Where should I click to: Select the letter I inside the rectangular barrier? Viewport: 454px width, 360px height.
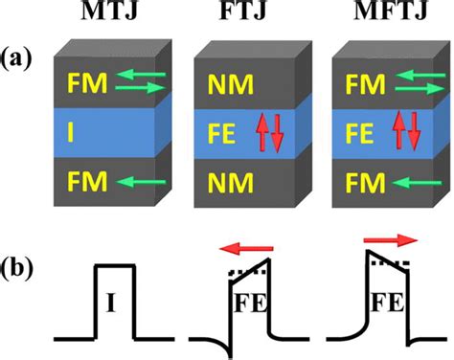tap(114, 307)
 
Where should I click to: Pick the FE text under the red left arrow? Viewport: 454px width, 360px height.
tap(252, 308)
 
